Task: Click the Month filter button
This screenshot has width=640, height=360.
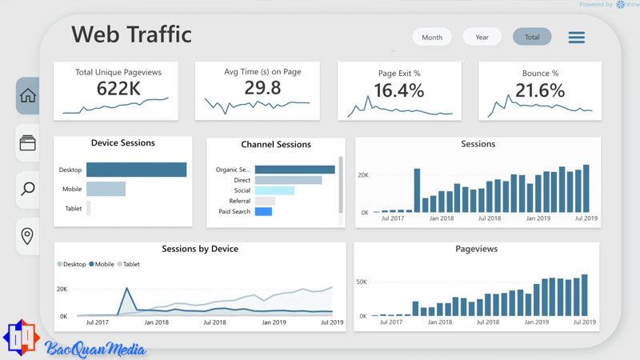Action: point(432,37)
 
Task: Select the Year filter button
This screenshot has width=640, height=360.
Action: point(482,37)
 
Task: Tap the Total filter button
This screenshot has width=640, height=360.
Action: point(532,37)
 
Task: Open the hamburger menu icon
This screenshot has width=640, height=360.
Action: point(576,38)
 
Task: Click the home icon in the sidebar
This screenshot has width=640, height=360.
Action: point(28,96)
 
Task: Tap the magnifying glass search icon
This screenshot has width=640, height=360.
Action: point(28,189)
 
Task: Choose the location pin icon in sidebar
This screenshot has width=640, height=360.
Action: point(28,237)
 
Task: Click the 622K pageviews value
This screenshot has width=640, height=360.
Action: point(118,89)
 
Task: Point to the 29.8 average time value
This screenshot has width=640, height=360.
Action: point(262,88)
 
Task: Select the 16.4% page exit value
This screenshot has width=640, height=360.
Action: point(398,91)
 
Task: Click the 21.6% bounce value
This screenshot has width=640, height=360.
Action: point(539,91)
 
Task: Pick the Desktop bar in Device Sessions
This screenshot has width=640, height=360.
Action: point(136,170)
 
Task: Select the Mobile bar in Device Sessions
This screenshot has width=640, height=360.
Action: point(106,189)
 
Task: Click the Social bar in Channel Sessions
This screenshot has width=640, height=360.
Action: point(274,190)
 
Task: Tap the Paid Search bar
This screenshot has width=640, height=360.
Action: point(263,211)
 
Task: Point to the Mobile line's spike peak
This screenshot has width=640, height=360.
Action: point(125,290)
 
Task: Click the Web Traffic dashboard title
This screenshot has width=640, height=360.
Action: point(131,34)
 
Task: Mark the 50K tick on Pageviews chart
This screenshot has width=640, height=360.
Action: point(362,282)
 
